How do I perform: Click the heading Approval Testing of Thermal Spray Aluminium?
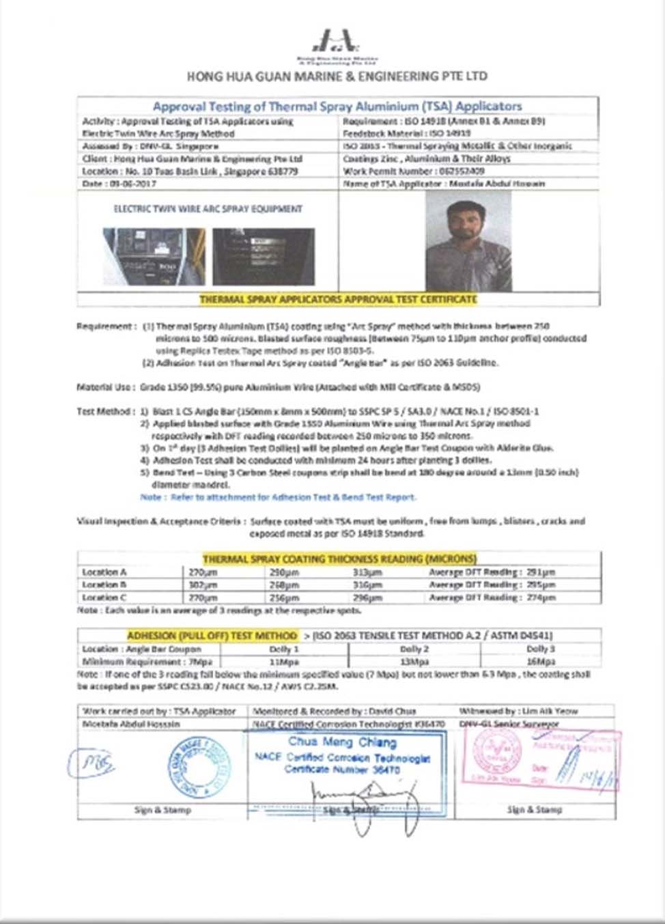[x=337, y=107]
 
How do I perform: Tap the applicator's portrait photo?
[x=468, y=240]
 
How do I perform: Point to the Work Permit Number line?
[x=414, y=171]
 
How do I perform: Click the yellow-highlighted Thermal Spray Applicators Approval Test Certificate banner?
[x=338, y=299]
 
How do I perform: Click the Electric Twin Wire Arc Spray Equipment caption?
[x=208, y=209]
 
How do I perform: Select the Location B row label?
[x=104, y=585]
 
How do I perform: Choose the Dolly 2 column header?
[x=414, y=649]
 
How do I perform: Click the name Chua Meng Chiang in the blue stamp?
[x=342, y=742]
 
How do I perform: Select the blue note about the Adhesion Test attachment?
[x=278, y=497]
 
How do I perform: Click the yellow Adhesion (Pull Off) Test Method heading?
[x=212, y=636]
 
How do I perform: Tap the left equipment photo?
[x=154, y=256]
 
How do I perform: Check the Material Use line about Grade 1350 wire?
[x=279, y=387]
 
